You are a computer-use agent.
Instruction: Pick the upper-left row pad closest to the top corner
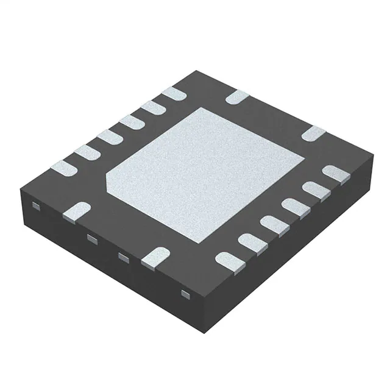click(x=174, y=94)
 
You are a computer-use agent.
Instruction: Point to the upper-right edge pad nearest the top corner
click(x=237, y=96)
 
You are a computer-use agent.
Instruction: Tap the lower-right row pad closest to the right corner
click(x=336, y=175)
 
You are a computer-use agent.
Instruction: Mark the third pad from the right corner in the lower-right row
click(x=294, y=208)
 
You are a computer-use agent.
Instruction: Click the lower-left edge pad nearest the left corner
click(x=76, y=211)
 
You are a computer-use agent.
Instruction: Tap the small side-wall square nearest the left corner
click(x=36, y=207)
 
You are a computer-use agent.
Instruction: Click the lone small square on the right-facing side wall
click(x=186, y=295)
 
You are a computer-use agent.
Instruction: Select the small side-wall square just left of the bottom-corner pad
click(x=123, y=258)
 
